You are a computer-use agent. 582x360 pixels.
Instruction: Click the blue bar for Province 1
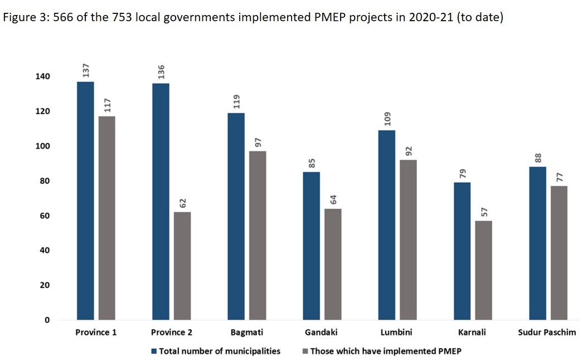pos(85,201)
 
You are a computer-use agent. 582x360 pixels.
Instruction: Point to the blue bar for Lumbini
pos(387,225)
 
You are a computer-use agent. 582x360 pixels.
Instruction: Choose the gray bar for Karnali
pos(483,270)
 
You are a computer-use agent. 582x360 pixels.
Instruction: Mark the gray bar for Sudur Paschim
pos(559,253)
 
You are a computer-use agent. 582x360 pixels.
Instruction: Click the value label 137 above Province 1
pos(86,71)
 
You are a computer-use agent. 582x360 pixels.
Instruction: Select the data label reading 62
pos(182,203)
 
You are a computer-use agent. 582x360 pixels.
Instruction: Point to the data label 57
pos(483,212)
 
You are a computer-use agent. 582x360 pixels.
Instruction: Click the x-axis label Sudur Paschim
pos(547,333)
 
